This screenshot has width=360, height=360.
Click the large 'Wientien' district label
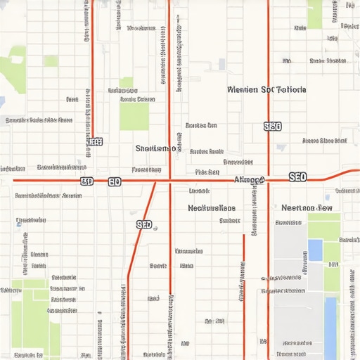coord(267,90)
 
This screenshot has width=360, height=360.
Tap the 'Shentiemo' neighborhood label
coord(156,148)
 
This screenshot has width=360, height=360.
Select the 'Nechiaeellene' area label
coord(212,208)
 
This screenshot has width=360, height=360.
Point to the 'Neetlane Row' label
coord(307,208)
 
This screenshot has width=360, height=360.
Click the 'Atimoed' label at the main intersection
coord(249,180)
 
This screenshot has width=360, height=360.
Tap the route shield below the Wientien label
coord(272,127)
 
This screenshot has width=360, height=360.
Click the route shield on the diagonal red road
coord(143,224)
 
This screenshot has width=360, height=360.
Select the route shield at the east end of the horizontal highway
coord(297,177)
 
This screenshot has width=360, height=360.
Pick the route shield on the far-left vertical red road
coord(94,141)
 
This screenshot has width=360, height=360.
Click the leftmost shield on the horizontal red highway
coord(86,181)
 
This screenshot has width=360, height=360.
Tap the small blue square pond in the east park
coord(315,249)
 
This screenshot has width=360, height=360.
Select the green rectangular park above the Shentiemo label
coord(134,117)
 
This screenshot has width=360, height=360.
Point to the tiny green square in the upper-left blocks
coord(51,61)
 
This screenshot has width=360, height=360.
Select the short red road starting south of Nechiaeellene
coord(244,281)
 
